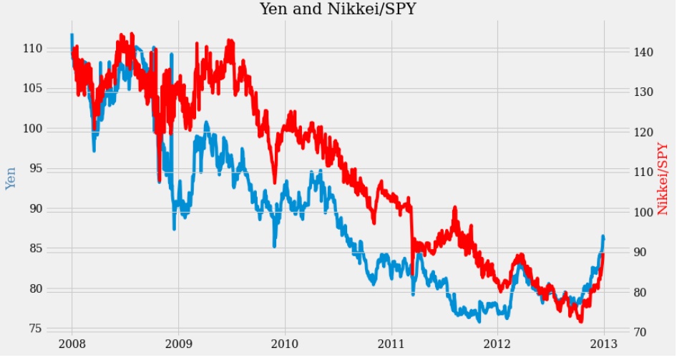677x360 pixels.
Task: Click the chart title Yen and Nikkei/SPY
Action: pos(338,9)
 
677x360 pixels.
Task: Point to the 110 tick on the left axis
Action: pos(54,49)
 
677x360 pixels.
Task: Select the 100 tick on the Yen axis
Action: pos(54,129)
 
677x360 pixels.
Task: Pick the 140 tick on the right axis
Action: pos(644,52)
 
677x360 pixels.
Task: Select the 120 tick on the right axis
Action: pos(644,132)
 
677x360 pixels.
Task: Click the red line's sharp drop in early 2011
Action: pos(411,233)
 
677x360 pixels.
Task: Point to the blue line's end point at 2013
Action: pos(603,236)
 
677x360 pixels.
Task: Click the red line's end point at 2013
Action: pos(604,255)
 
